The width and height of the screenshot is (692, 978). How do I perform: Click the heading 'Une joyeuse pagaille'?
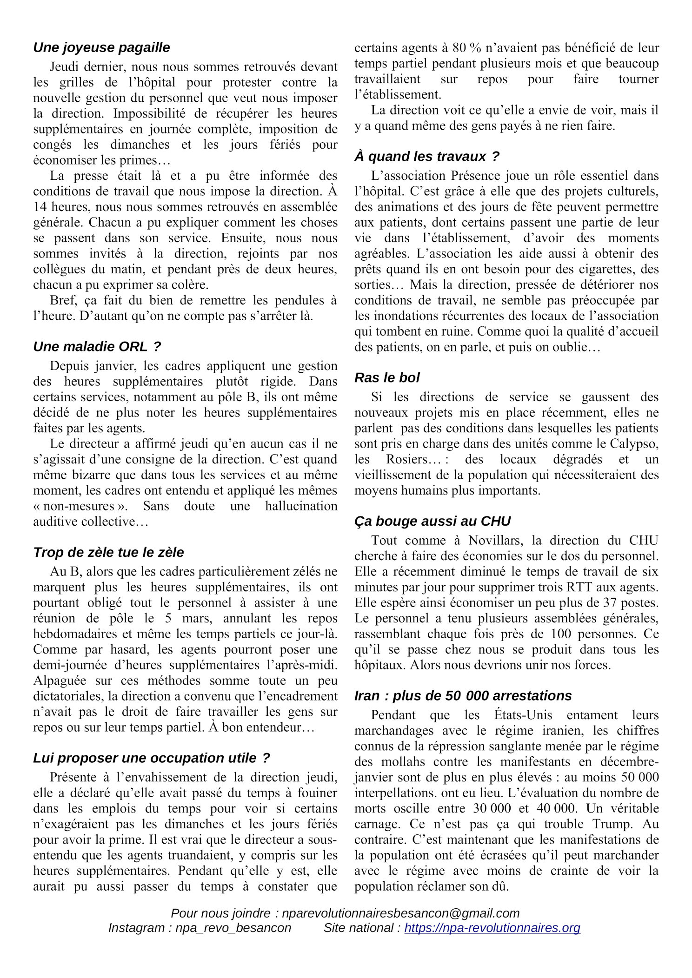(x=101, y=47)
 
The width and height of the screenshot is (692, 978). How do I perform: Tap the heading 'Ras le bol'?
(x=386, y=377)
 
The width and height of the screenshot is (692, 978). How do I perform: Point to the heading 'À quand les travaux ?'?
(x=426, y=156)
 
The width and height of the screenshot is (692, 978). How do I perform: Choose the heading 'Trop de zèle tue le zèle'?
(x=108, y=552)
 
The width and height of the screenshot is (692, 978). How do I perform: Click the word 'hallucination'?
(x=301, y=506)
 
